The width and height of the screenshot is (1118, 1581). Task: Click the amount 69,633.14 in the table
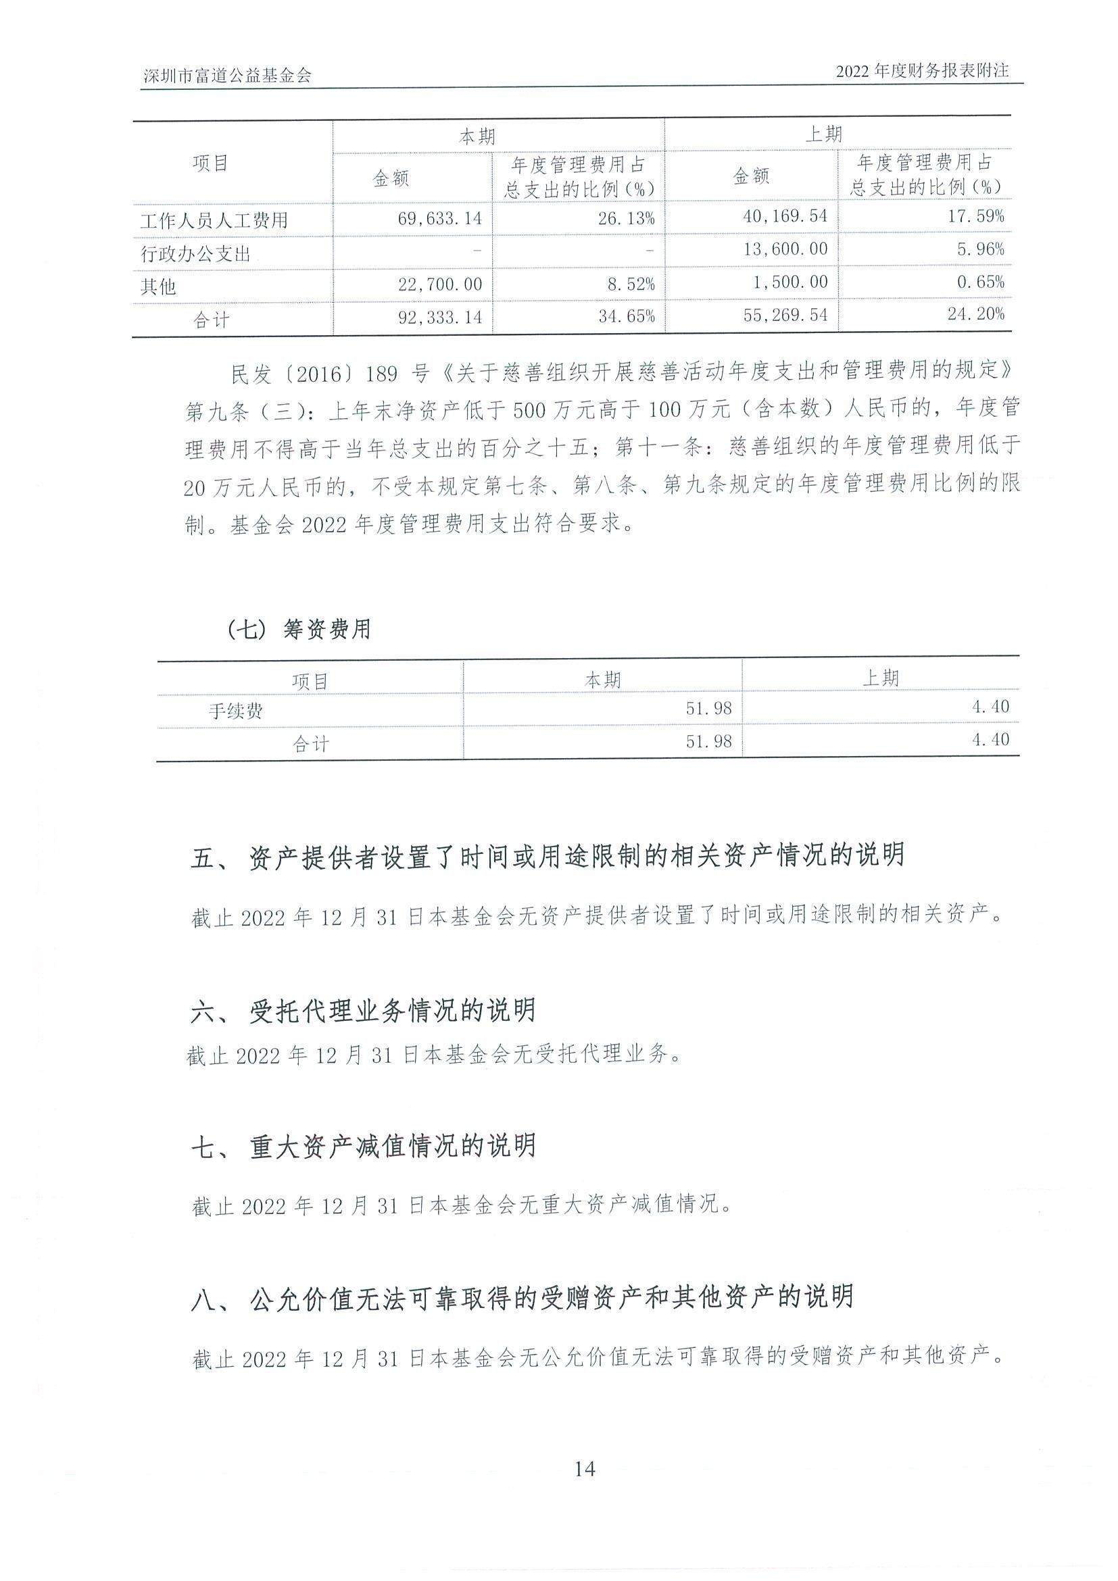pyautogui.click(x=440, y=219)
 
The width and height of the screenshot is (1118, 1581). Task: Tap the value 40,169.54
pyautogui.click(x=785, y=216)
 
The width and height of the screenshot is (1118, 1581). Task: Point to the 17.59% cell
pyautogui.click(x=975, y=216)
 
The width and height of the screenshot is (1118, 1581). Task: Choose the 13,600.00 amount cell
pyautogui.click(x=785, y=249)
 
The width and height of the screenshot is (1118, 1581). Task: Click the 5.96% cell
pyautogui.click(x=981, y=249)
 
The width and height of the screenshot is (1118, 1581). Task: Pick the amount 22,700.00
pyautogui.click(x=440, y=284)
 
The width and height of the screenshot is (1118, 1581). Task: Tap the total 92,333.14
pyautogui.click(x=440, y=317)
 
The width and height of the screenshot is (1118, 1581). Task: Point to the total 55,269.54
pyautogui.click(x=785, y=315)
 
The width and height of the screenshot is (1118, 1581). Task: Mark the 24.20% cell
pyautogui.click(x=975, y=314)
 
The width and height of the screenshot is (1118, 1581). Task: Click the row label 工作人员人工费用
pyautogui.click(x=214, y=221)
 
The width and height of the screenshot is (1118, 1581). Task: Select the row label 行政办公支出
pyautogui.click(x=195, y=254)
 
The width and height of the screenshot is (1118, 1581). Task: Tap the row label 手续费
pyautogui.click(x=236, y=711)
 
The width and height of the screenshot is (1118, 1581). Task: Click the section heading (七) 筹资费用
pyautogui.click(x=298, y=628)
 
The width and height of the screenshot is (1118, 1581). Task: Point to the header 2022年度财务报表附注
pyautogui.click(x=922, y=71)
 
